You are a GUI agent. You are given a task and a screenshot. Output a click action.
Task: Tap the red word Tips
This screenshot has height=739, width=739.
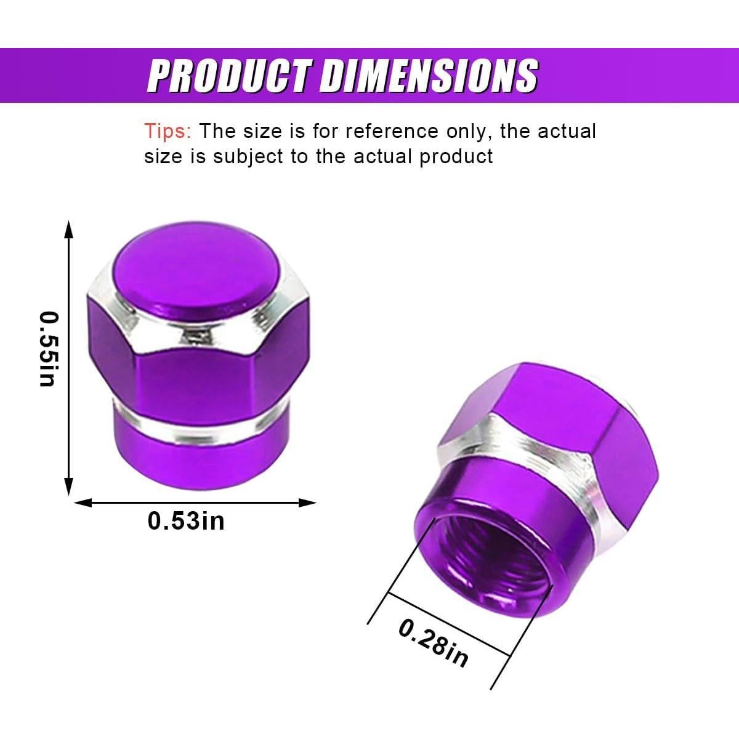[168, 131]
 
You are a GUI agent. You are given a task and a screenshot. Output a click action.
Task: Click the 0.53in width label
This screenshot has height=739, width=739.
[186, 521]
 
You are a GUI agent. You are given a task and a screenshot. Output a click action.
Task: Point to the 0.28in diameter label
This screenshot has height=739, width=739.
[433, 643]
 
